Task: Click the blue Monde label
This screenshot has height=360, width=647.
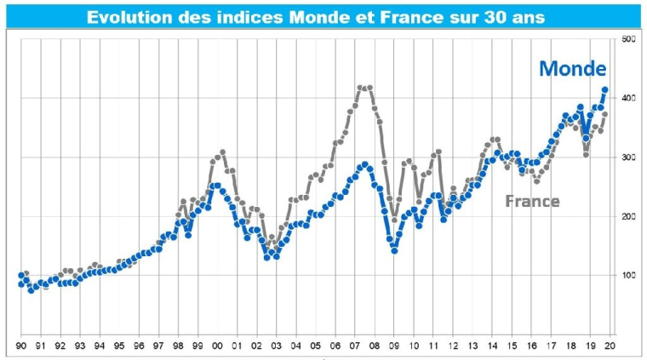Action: (x=572, y=69)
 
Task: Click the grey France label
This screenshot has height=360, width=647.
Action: (x=532, y=201)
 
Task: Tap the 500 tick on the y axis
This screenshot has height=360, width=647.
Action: (x=629, y=40)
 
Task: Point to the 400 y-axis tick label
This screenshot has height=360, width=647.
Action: (x=629, y=99)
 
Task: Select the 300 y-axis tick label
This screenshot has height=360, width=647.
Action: (x=629, y=157)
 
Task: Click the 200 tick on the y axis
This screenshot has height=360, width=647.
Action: (x=629, y=216)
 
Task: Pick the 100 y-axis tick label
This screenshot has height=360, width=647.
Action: (x=629, y=275)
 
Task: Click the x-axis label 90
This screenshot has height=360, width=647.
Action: (x=20, y=346)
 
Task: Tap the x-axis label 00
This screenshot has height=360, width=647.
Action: (x=217, y=346)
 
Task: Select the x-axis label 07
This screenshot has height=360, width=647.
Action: (x=354, y=346)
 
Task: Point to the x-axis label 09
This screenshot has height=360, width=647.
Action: (x=394, y=346)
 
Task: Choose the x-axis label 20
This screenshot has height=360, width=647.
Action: (x=610, y=346)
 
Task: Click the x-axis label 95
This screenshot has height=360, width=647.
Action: (x=119, y=346)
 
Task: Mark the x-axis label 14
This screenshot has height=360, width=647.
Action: (x=492, y=346)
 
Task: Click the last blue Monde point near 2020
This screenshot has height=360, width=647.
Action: (x=604, y=89)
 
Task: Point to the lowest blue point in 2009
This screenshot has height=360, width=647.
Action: (x=394, y=250)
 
